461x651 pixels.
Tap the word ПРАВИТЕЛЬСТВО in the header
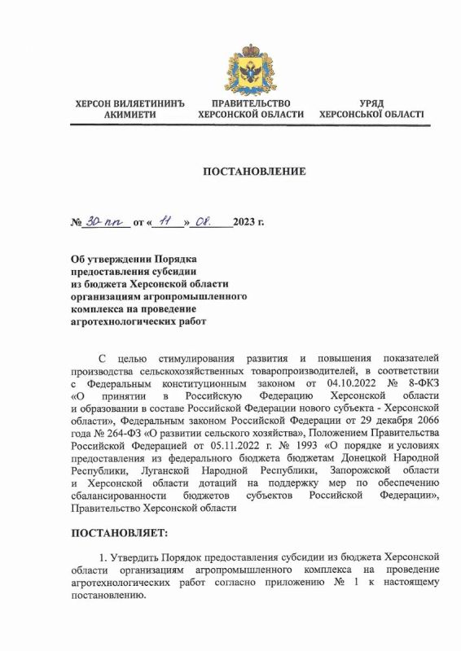pyautogui.click(x=250, y=103)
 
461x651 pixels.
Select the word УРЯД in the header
pyautogui.click(x=371, y=103)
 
